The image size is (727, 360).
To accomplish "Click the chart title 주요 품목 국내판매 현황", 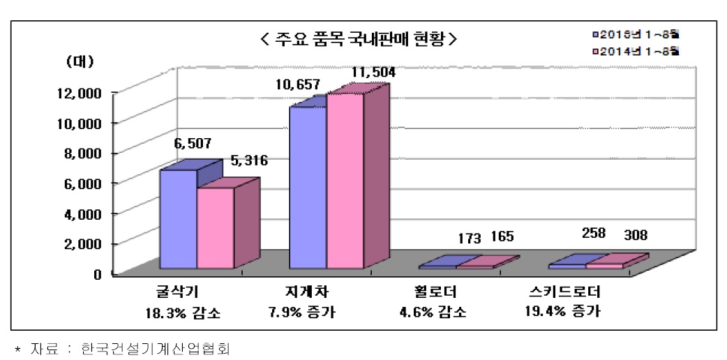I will pos(359,39).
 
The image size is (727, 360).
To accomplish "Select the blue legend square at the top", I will pos(594,33).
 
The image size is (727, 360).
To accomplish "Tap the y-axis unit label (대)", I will pos(79,61).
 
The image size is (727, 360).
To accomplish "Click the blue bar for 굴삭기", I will pos(179,219).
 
